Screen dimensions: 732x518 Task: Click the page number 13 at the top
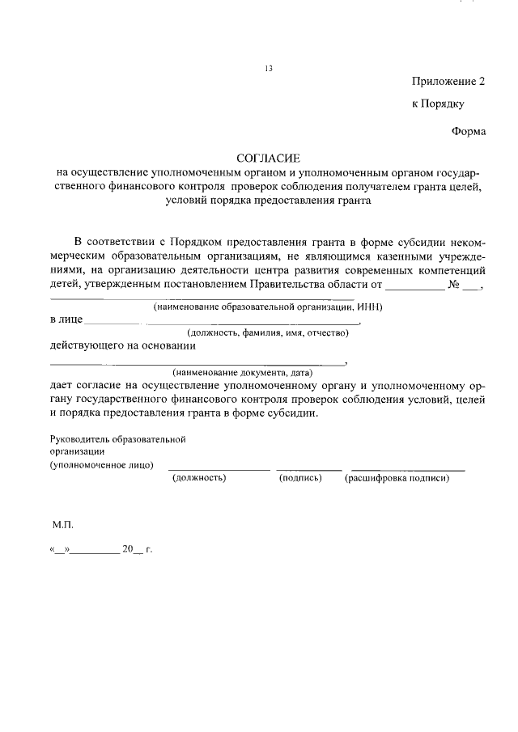point(269,69)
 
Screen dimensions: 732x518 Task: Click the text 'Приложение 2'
point(448,83)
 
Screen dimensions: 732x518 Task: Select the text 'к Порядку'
point(438,104)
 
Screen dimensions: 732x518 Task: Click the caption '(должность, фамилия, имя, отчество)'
point(268,332)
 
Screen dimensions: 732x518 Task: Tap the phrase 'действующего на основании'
point(122,345)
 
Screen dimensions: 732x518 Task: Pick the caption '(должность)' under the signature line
point(199,478)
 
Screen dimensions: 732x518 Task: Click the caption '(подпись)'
point(300,478)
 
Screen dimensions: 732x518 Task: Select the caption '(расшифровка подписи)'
point(397,478)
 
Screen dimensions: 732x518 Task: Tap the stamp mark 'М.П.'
point(63,525)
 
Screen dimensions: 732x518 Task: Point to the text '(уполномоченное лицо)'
point(102,465)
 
